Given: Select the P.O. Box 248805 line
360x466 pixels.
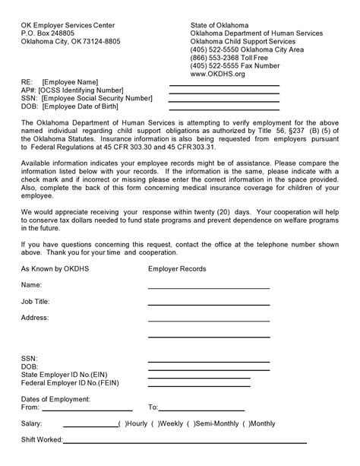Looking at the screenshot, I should tap(49, 33).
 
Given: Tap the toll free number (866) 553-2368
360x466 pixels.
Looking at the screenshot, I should tap(232, 57).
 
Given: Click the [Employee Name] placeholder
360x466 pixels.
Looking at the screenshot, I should tap(71, 82).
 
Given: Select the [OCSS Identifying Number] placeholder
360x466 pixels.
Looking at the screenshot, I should tap(80, 90).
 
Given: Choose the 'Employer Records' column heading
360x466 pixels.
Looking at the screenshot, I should tap(176, 269).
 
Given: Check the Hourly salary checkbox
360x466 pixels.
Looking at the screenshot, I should tap(121, 423).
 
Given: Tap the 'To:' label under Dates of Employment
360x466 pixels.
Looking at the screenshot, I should tap(153, 407).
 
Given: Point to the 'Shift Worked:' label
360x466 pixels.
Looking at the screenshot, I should tap(42, 439).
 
